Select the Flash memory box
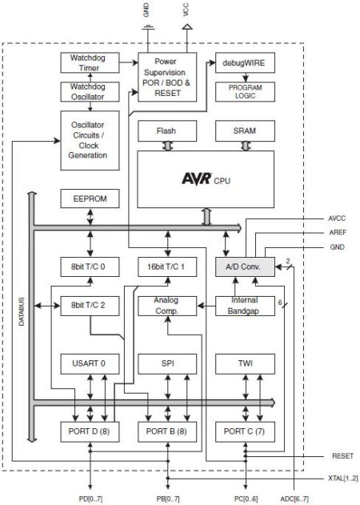167,130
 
